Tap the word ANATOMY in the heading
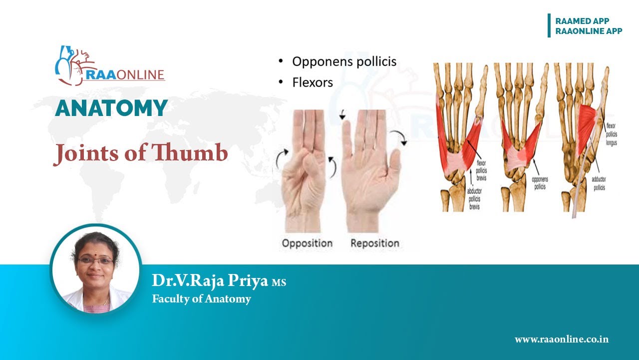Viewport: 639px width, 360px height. pyautogui.click(x=111, y=108)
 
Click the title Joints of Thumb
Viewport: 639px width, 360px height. pyautogui.click(x=140, y=153)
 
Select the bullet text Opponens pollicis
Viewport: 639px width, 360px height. pyautogui.click(x=344, y=61)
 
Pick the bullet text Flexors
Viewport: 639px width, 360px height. pyautogui.click(x=312, y=82)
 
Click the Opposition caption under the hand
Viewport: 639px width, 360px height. pyautogui.click(x=307, y=243)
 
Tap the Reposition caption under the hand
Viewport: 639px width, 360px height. pyautogui.click(x=374, y=243)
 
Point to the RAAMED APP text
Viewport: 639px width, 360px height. pyautogui.click(x=582, y=21)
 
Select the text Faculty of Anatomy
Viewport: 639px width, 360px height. pyautogui.click(x=201, y=299)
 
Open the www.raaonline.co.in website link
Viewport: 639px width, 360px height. pyautogui.click(x=561, y=339)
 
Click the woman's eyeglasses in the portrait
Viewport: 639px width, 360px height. pyautogui.click(x=96, y=260)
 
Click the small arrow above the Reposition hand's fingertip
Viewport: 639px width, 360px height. pyautogui.click(x=342, y=116)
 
